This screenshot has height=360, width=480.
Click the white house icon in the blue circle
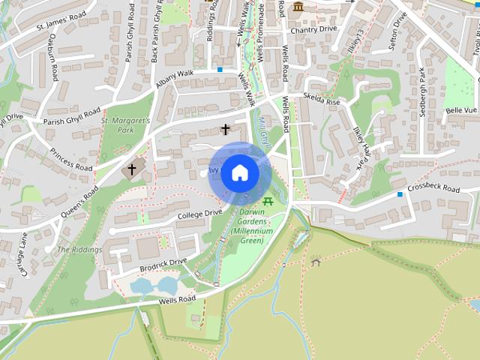click(x=239, y=172)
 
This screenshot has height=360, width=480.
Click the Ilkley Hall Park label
click(x=361, y=146)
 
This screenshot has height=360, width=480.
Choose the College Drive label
click(x=200, y=213)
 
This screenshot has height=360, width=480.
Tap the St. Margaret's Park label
click(x=126, y=125)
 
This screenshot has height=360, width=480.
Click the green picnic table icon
click(x=268, y=201)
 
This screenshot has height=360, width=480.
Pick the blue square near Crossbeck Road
click(x=400, y=195)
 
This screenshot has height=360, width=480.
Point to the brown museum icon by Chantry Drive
click(x=298, y=7)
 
